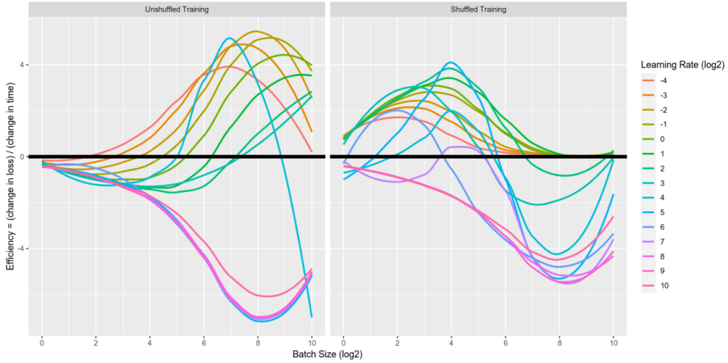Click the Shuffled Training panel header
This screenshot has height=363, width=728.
[478, 9]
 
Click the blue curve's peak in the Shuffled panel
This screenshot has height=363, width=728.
[450, 63]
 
